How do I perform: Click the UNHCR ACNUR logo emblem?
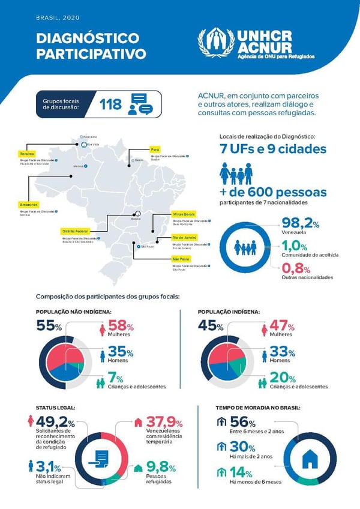[217, 41]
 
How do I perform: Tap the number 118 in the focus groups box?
[111, 104]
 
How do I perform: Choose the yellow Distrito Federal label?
[76, 231]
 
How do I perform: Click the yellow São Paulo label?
[181, 259]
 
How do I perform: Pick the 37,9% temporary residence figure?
[164, 421]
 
